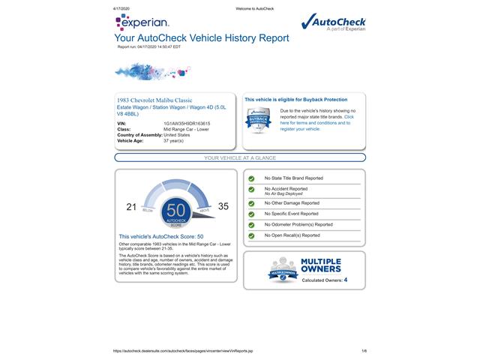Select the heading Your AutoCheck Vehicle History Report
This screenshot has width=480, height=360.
point(201,37)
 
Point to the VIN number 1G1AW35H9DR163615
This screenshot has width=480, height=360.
point(187,124)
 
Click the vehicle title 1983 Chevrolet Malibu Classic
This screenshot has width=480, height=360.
point(154,100)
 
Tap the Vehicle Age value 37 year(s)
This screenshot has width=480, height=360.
point(173,140)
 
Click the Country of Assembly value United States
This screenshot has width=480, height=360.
point(177,135)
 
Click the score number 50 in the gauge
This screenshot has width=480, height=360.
point(176,209)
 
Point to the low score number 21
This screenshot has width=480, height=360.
point(131,206)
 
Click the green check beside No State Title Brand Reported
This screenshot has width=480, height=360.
point(251,178)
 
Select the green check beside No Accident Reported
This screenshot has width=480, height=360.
point(251,190)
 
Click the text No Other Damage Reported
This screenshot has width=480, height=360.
point(292,202)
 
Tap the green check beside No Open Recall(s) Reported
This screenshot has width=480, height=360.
point(251,235)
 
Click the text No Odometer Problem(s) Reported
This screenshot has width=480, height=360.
point(298,224)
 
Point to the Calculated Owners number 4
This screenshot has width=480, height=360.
point(345,280)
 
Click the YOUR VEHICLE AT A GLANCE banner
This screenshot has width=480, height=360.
point(240,158)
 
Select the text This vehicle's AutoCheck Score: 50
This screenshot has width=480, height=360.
point(161,236)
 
